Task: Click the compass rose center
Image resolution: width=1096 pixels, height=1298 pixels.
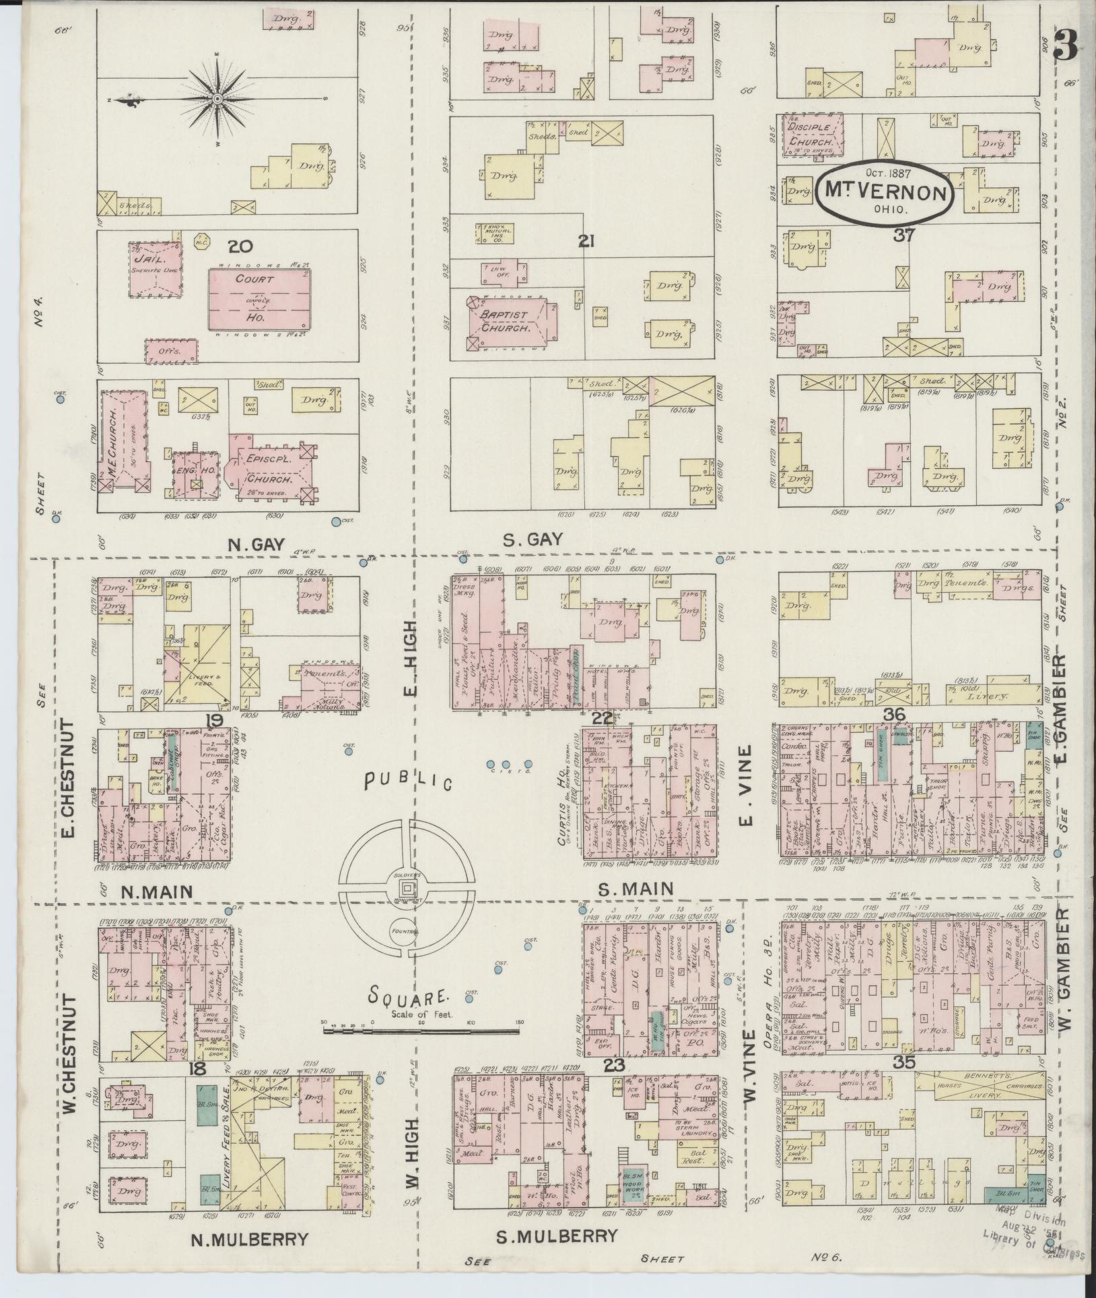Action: pyautogui.click(x=217, y=99)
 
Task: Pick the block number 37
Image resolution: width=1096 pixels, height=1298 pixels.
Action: pyautogui.click(x=903, y=235)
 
